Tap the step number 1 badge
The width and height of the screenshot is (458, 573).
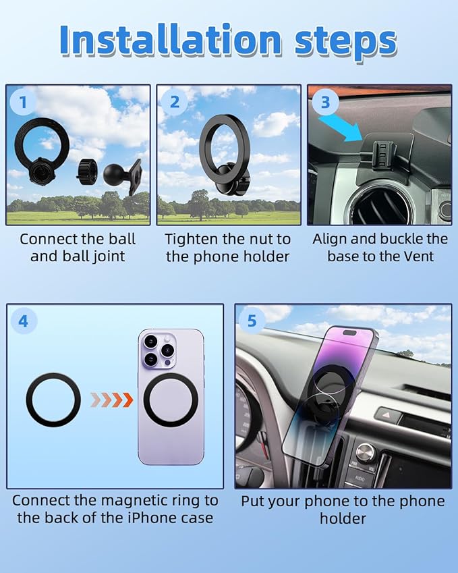(x=24, y=103)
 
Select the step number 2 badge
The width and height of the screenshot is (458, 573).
(x=175, y=103)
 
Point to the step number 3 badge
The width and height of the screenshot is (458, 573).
(x=326, y=103)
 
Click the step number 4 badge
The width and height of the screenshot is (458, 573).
(x=24, y=321)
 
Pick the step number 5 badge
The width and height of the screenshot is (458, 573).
(x=252, y=321)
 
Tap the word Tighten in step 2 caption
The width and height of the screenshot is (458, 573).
(x=192, y=239)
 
